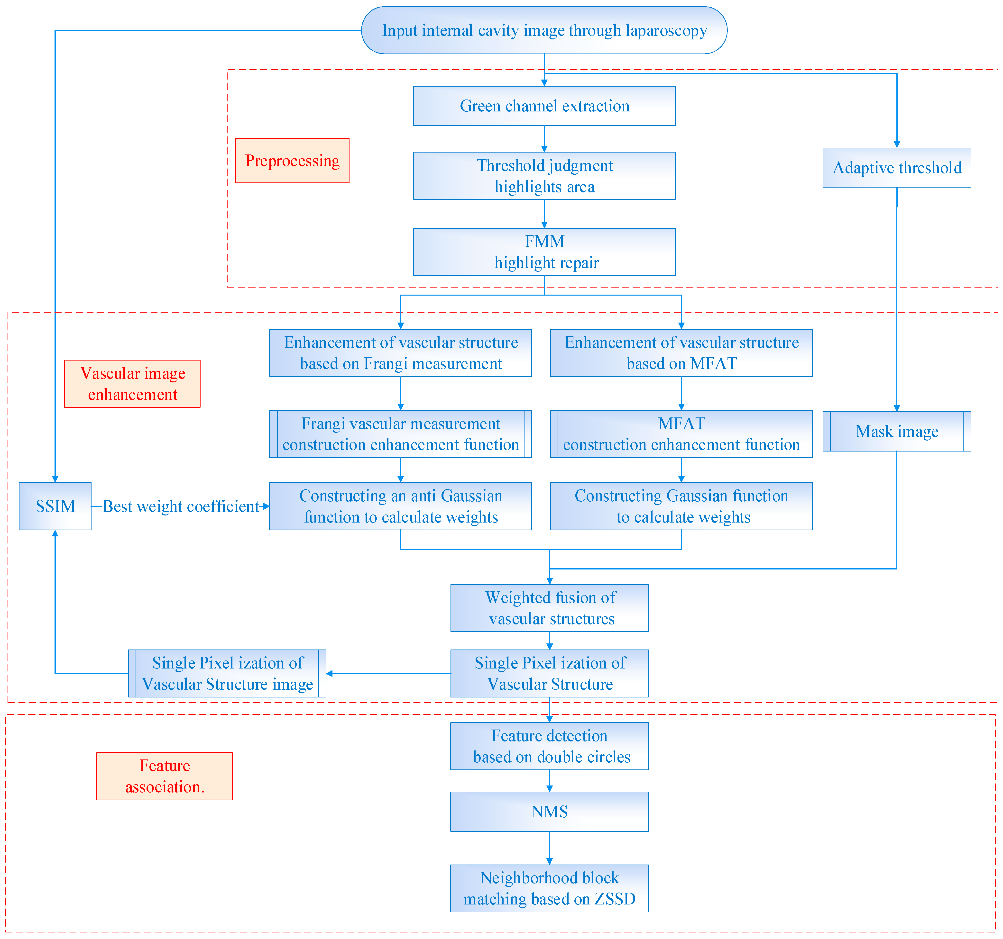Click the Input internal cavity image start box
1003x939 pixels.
click(544, 30)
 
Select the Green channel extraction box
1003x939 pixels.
click(544, 106)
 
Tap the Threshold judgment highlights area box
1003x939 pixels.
click(544, 176)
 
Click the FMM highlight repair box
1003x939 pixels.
click(544, 252)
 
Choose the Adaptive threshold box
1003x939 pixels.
click(897, 167)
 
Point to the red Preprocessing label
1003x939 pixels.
click(292, 160)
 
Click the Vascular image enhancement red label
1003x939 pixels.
click(132, 384)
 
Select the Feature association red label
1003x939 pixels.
click(165, 776)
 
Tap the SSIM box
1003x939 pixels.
click(55, 506)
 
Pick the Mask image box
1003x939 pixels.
click(897, 431)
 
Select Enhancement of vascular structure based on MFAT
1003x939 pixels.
click(681, 352)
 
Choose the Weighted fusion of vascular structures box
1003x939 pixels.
click(549, 608)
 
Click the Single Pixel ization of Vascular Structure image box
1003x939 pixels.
click(227, 673)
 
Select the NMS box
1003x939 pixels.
click(549, 812)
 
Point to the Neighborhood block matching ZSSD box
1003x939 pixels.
click(549, 888)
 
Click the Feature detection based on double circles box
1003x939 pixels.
click(549, 746)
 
